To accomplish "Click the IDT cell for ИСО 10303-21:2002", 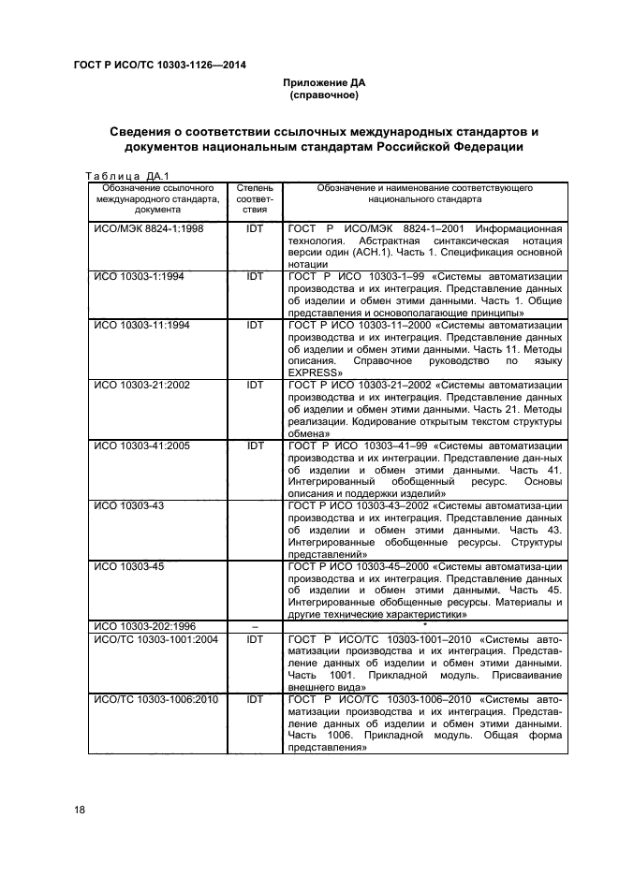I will [x=256, y=386].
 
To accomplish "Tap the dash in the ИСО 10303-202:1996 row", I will [x=256, y=626].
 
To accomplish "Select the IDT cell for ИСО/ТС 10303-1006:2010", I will [x=256, y=699].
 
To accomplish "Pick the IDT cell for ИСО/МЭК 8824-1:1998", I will [x=256, y=229].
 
